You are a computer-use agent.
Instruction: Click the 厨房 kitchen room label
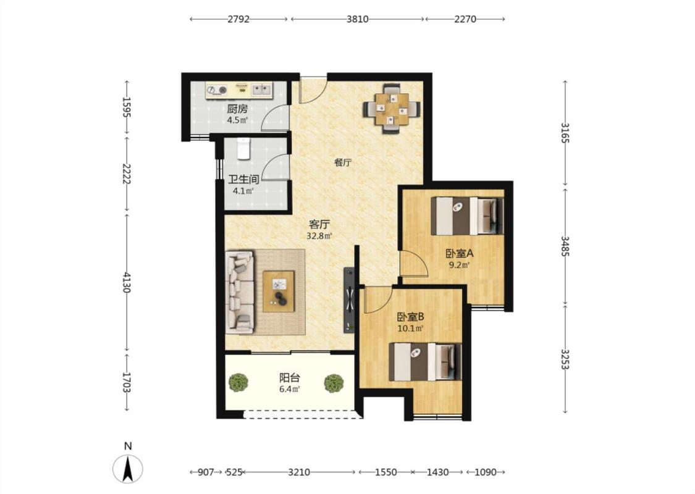coord(237,109)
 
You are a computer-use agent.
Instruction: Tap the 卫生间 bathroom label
coord(243,180)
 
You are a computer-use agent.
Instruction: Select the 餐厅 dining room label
coord(343,162)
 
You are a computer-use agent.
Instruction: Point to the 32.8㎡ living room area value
coord(319,236)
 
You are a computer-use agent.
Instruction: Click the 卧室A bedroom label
coord(460,254)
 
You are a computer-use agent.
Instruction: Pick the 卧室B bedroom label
coord(410,317)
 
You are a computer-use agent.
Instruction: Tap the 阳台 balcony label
coord(290,378)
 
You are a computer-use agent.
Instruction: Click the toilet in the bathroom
coord(243,148)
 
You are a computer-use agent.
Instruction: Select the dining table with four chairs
coord(392,109)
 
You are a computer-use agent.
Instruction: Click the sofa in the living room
coord(240,292)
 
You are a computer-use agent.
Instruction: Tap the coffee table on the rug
coord(279,291)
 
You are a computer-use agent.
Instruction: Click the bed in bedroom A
coord(467,216)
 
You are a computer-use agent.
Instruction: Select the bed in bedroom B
coord(425,361)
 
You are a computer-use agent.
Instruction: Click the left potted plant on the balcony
coord(238,382)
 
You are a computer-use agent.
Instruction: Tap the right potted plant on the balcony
coord(334,383)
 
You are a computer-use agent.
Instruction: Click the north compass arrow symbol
coord(128,469)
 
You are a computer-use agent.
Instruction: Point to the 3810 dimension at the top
coord(357,19)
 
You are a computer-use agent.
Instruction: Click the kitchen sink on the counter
coord(261,90)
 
